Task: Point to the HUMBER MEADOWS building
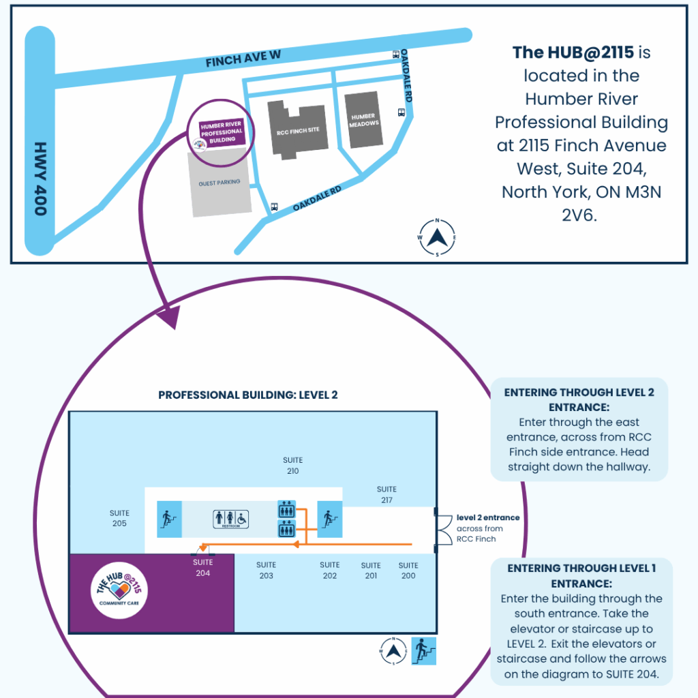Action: [x=363, y=120]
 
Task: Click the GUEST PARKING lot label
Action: [x=219, y=183]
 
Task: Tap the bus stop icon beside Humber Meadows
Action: [x=401, y=113]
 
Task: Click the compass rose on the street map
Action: [x=437, y=237]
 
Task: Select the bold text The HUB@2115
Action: [x=573, y=52]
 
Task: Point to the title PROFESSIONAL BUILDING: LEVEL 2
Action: [x=248, y=395]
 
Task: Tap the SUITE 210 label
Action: [x=292, y=466]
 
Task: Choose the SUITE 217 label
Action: [x=386, y=494]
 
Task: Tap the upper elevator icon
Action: [x=286, y=509]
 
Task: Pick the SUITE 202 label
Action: [x=330, y=570]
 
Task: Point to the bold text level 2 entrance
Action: [x=487, y=517]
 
